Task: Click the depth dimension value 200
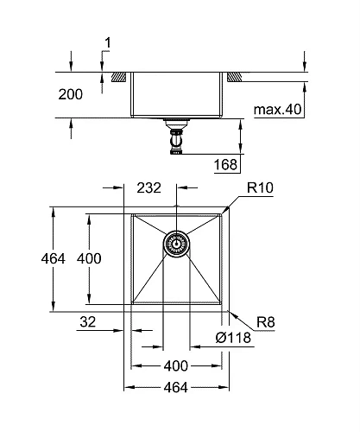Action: tap(71, 95)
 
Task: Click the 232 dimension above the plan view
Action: tap(149, 187)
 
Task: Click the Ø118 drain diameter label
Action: tap(232, 338)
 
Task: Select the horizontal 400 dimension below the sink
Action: tap(176, 365)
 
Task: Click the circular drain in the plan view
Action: tap(176, 245)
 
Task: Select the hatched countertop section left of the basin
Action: tap(116, 78)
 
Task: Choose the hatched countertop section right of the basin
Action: tap(234, 78)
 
